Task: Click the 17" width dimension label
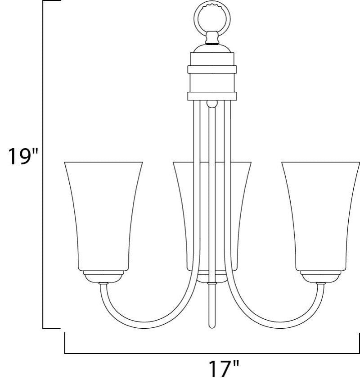point(223,370)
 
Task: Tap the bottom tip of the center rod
point(211,325)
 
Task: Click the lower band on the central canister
point(211,95)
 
